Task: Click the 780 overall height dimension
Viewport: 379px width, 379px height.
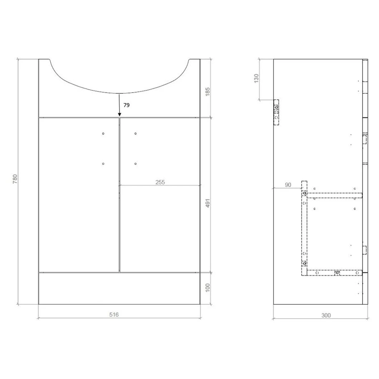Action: [x=15, y=179]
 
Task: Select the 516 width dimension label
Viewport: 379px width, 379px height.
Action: [x=114, y=315]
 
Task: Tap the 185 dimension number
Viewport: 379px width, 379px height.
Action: [x=207, y=92]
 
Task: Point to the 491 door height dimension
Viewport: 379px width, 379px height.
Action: [x=207, y=203]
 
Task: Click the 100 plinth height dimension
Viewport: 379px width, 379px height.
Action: [x=207, y=287]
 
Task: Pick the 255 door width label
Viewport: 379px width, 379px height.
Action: [x=160, y=182]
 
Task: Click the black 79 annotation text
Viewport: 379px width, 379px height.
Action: [x=127, y=105]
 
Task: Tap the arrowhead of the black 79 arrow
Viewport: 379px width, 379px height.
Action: [x=119, y=114]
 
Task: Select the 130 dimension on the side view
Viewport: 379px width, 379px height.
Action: [x=256, y=78]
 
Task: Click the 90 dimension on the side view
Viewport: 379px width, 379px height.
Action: [x=288, y=185]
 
